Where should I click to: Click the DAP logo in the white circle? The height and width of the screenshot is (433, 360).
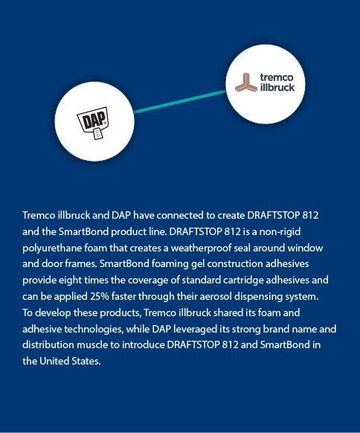(x=93, y=123)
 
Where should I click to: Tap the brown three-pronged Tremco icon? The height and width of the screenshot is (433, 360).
(x=246, y=82)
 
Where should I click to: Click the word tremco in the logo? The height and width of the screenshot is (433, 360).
(x=277, y=77)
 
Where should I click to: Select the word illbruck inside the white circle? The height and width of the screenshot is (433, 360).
(x=277, y=87)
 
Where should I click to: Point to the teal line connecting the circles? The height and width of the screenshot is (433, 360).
(x=180, y=101)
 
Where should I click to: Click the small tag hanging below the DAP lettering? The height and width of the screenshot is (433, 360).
(x=97, y=134)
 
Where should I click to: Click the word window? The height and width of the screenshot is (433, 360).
(x=305, y=248)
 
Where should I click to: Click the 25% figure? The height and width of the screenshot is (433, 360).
(x=100, y=296)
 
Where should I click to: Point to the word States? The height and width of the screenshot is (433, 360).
(x=86, y=361)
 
